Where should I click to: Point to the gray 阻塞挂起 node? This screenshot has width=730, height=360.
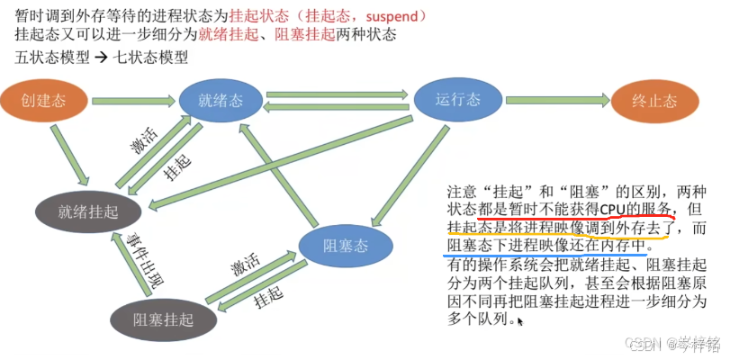coord(164,317)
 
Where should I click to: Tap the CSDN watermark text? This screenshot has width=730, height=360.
coord(640,343)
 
